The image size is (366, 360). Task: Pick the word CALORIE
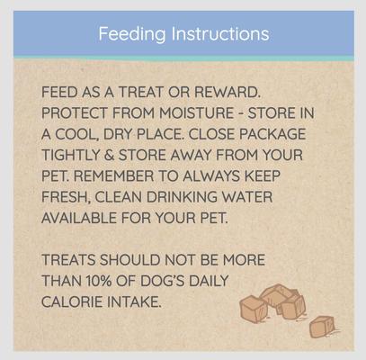pyautogui.click(x=77, y=301)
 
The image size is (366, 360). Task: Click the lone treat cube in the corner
pyautogui.click(x=320, y=327)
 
